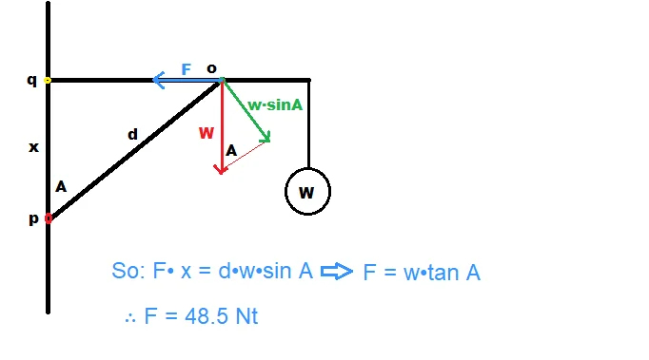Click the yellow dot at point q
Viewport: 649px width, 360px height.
48,81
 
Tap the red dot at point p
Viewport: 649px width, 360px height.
48,218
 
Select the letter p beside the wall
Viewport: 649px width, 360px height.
33,218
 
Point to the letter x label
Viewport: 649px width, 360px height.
33,147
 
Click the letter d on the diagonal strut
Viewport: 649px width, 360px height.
132,135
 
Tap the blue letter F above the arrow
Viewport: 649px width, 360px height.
187,69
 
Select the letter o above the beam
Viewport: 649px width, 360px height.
211,67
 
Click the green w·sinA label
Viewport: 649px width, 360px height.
275,104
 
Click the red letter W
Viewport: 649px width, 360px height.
206,133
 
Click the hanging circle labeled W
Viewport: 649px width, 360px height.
307,192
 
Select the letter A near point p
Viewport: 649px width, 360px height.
61,187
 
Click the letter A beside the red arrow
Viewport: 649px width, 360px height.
231,150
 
